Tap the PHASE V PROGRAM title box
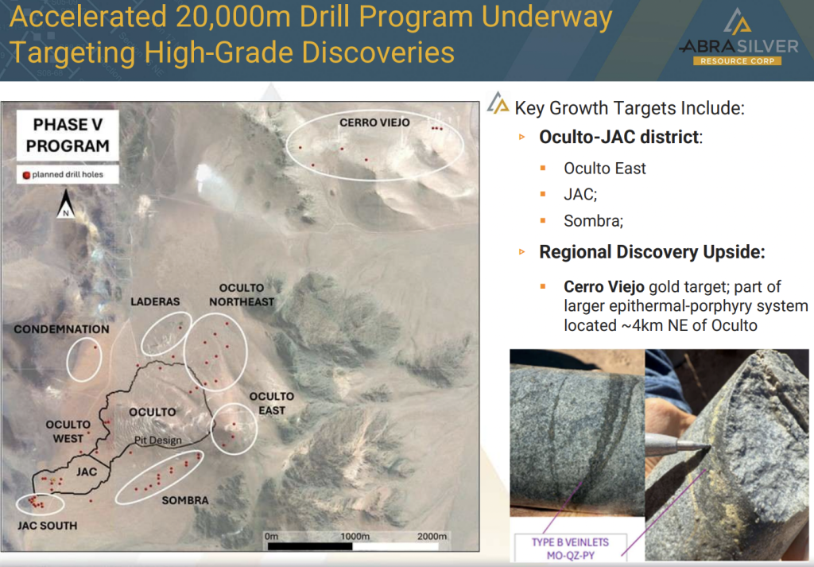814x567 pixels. (x=68, y=135)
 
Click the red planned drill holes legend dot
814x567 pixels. (x=26, y=175)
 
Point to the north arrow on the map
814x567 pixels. (x=66, y=204)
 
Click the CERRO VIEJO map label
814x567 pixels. (x=374, y=122)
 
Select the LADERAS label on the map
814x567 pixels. (x=155, y=301)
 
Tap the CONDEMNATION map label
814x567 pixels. (x=61, y=329)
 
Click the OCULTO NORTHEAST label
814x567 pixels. (x=242, y=295)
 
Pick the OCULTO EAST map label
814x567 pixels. (x=272, y=403)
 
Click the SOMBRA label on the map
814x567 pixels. (x=184, y=500)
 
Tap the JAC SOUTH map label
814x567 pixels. (x=47, y=526)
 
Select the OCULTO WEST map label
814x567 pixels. (x=68, y=432)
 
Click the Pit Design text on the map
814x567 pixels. (x=158, y=441)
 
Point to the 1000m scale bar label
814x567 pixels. (x=355, y=536)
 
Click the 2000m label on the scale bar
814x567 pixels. (x=432, y=536)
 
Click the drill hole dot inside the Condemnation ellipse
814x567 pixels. (x=95, y=348)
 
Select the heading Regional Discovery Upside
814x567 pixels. (x=652, y=252)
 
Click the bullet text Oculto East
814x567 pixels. (x=605, y=169)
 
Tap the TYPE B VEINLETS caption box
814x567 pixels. (x=571, y=548)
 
